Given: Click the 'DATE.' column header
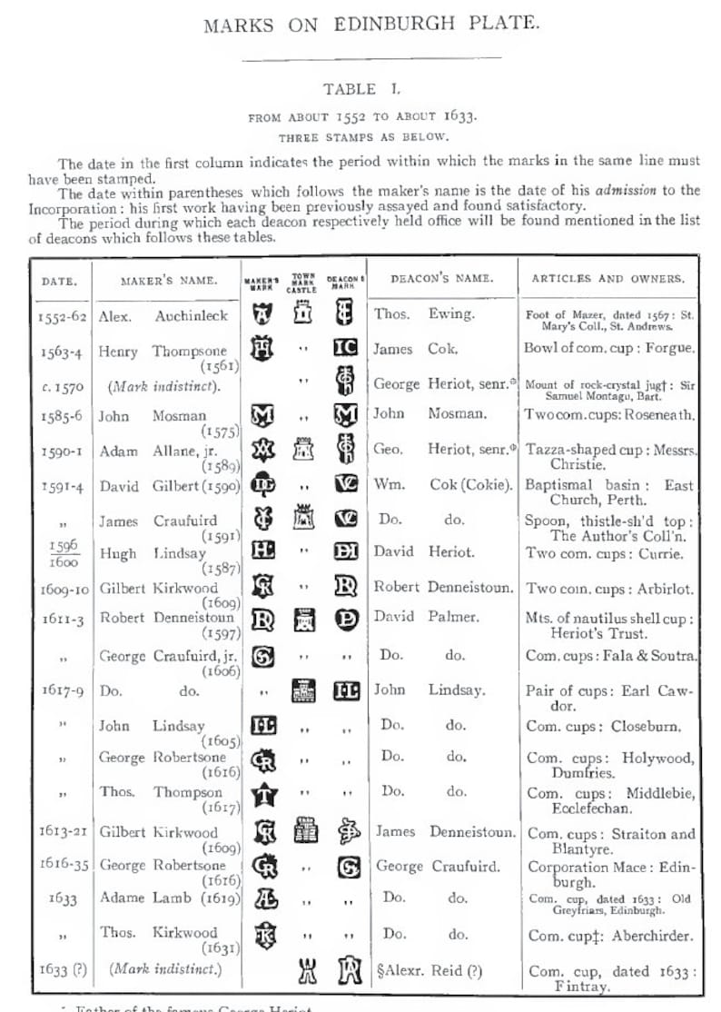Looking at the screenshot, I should pyautogui.click(x=59, y=281).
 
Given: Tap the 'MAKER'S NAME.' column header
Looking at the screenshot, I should pyautogui.click(x=168, y=281).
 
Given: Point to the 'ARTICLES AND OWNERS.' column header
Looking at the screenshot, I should pyautogui.click(x=607, y=280).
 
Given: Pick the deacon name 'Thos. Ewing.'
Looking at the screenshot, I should pyautogui.click(x=423, y=314).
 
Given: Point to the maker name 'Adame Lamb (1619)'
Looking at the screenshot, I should pyautogui.click(x=170, y=898).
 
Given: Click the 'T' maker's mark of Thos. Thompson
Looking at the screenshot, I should pyautogui.click(x=262, y=793).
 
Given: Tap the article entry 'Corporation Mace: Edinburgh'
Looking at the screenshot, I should pyautogui.click(x=611, y=874).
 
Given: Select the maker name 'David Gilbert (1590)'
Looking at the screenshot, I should pyautogui.click(x=169, y=486).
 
